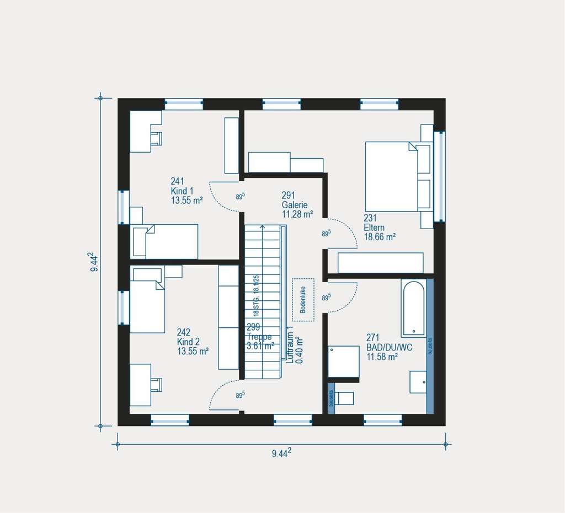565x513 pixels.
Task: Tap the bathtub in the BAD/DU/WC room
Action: point(413,308)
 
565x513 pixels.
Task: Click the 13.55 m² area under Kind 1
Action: point(186,201)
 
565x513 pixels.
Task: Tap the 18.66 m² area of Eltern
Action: point(380,237)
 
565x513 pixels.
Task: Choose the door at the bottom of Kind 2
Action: point(225,397)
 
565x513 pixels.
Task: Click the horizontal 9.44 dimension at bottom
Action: point(281,453)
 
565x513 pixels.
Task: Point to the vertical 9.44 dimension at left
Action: point(94,263)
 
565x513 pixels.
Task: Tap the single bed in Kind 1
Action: point(165,241)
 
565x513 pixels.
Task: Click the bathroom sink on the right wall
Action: point(418,382)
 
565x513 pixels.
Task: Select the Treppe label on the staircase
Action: point(259,337)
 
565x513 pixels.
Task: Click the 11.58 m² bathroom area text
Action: point(382,357)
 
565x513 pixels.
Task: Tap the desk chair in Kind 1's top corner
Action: point(157,137)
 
